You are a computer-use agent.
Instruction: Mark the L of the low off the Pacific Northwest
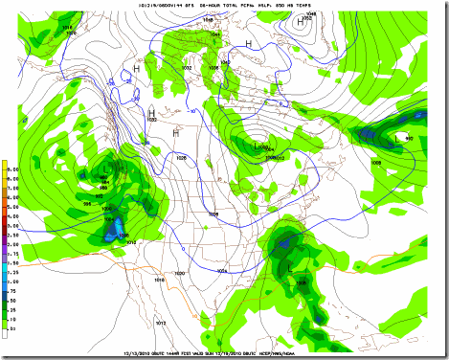click(102, 171)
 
